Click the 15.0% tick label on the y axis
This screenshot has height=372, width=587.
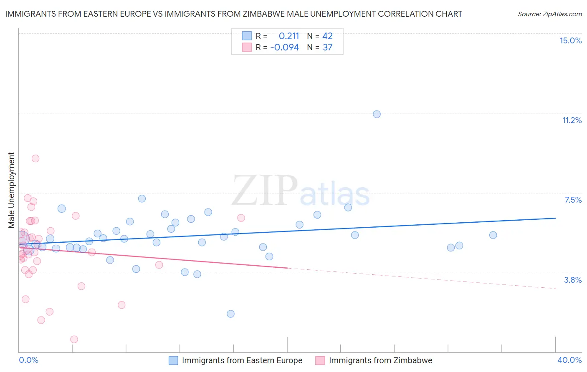570,40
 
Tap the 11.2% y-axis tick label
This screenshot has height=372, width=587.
572,120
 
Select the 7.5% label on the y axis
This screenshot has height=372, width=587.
573,200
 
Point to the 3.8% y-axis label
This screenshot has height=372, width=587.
573,280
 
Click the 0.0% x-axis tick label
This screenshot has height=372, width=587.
28,360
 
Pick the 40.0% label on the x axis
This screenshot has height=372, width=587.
569,360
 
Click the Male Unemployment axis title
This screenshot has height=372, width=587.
11,190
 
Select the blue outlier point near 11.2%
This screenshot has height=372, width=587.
377,114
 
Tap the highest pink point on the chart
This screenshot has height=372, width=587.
35,158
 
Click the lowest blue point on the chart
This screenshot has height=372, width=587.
230,314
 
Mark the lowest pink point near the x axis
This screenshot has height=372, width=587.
74,339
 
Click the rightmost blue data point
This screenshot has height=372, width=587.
493,235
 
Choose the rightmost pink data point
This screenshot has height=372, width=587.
241,218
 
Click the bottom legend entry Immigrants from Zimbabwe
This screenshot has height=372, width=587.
380,360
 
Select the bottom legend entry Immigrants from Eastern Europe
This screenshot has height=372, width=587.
242,360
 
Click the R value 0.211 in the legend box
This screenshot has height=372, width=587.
289,36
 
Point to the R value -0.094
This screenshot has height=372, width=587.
284,48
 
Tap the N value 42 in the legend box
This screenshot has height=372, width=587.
327,36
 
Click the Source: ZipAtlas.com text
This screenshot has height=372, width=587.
549,14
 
